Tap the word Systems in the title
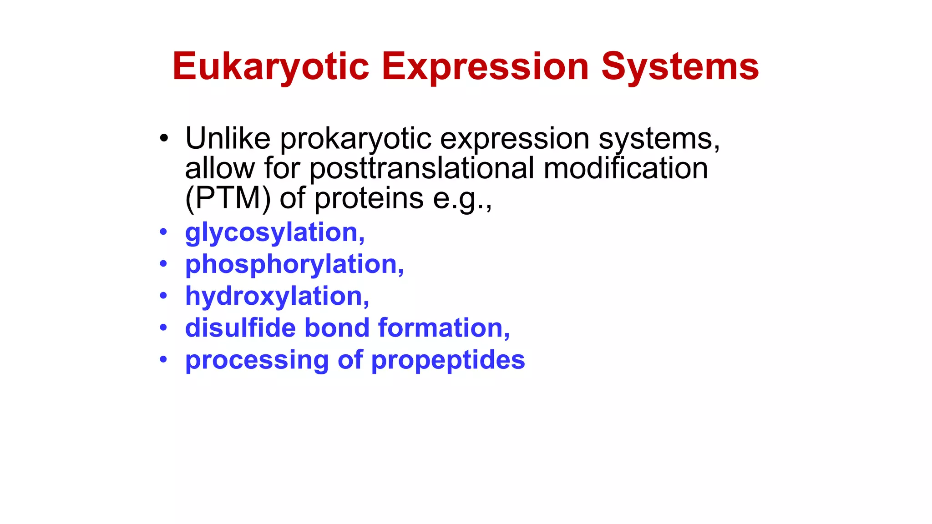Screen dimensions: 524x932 [680, 66]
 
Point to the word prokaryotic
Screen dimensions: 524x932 [355, 139]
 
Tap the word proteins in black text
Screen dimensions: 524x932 [369, 199]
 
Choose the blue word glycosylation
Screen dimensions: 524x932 [274, 233]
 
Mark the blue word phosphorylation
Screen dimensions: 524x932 [294, 265]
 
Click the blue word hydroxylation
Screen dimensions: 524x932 [277, 296]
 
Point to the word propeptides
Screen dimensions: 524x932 [448, 361]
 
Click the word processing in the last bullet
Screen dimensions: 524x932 [257, 361]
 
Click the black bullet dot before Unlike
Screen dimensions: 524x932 [164, 138]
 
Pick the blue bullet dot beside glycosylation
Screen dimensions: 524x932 [164, 232]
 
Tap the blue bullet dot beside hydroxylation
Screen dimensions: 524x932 [164, 296]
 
